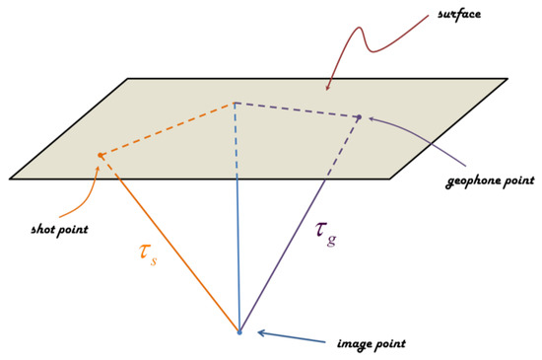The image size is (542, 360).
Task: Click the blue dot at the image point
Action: coord(239,332)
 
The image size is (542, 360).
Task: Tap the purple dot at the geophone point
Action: coord(359,117)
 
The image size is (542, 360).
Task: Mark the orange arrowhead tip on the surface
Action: coord(100,155)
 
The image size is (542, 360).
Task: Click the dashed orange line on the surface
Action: coord(168,127)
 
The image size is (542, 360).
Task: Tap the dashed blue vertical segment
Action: coord(237,138)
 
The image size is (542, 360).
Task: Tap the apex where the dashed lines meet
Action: coord(236,101)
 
